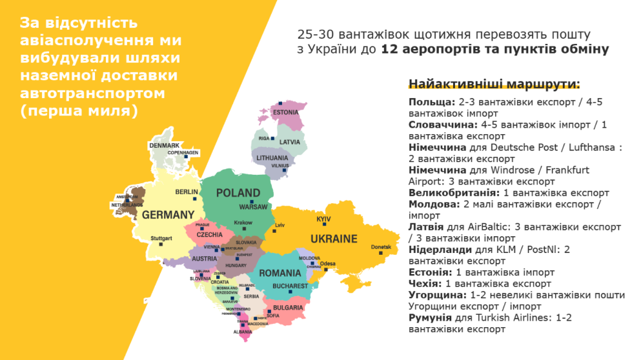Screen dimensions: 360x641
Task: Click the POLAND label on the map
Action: click(x=238, y=193)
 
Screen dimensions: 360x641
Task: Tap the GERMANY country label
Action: click(x=168, y=214)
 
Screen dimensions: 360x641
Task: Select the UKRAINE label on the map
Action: click(x=334, y=239)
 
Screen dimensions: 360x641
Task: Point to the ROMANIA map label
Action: click(x=280, y=273)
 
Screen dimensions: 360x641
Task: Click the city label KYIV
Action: click(x=323, y=220)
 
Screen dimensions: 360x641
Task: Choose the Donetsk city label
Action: click(x=381, y=248)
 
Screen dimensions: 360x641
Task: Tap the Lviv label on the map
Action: click(x=280, y=226)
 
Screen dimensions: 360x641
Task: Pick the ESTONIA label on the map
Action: click(x=285, y=113)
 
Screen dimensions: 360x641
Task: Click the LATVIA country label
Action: click(x=290, y=142)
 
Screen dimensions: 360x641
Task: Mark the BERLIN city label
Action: click(x=187, y=192)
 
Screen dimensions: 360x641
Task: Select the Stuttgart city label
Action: click(x=161, y=239)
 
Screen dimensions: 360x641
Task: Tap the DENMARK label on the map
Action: click(x=164, y=146)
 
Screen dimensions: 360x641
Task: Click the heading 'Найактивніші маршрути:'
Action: click(x=494, y=85)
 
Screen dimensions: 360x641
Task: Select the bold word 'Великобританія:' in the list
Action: click(x=454, y=193)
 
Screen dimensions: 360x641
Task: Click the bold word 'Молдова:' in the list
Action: click(x=434, y=204)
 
